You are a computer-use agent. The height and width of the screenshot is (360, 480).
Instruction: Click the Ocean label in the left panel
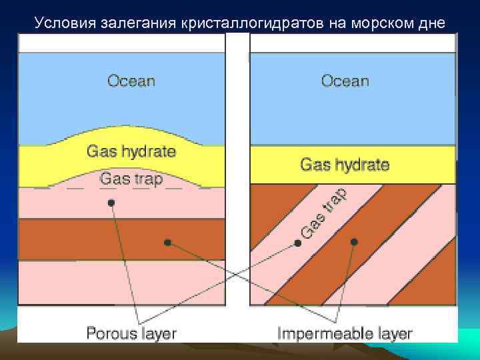pyautogui.click(x=131, y=81)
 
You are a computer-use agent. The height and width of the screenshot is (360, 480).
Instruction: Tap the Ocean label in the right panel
pyautogui.click(x=345, y=81)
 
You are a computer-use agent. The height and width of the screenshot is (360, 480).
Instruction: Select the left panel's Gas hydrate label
pyautogui.click(x=131, y=151)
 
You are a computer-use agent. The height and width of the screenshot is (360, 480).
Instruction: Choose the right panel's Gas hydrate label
pyautogui.click(x=345, y=164)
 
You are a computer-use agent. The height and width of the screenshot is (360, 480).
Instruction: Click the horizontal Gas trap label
pyautogui.click(x=131, y=179)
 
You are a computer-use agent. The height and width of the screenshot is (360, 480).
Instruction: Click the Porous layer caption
pyautogui.click(x=131, y=333)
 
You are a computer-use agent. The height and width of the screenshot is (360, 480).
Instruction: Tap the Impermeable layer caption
pyautogui.click(x=345, y=333)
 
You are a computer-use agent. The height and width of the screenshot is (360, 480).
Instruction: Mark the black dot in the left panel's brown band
pyautogui.click(x=168, y=242)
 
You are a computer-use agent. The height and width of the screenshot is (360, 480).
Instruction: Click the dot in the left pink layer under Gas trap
pyautogui.click(x=111, y=202)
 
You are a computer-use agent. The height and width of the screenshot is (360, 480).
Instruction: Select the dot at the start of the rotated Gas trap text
pyautogui.click(x=298, y=243)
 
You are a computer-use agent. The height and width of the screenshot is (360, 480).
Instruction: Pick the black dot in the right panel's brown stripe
pyautogui.click(x=354, y=241)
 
